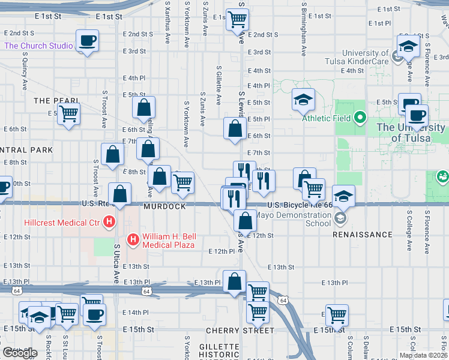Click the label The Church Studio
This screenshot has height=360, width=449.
[38, 46]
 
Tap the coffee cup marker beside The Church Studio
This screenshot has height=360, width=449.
[88, 41]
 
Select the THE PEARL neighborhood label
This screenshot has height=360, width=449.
[57, 101]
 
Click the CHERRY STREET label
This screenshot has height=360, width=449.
[232, 331]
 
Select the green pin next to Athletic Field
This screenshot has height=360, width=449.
[360, 118]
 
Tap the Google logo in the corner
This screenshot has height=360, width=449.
[20, 353]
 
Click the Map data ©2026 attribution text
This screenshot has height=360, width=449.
[423, 355]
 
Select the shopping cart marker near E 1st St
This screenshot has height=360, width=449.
[238, 19]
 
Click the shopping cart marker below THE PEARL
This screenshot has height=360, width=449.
[69, 113]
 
